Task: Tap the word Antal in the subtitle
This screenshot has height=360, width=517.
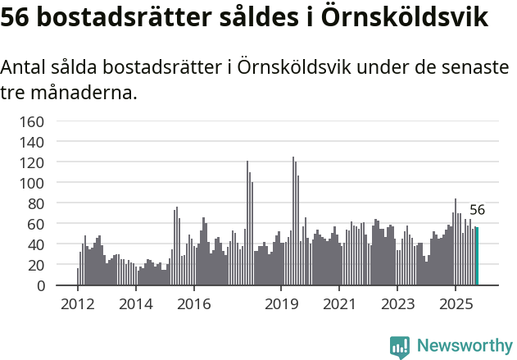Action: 25,68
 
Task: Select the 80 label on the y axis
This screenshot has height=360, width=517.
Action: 36,203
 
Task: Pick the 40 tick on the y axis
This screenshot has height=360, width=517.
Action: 36,244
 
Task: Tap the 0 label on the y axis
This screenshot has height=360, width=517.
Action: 40,285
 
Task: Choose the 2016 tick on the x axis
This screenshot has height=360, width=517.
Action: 193,304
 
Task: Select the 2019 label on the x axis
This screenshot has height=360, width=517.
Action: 281,304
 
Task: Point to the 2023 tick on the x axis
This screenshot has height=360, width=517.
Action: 397,304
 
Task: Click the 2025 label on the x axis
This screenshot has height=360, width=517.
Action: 455,304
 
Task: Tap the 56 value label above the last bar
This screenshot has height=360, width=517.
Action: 477,210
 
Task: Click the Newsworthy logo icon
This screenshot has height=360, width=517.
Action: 400,346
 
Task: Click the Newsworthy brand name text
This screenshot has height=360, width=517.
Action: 465,346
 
